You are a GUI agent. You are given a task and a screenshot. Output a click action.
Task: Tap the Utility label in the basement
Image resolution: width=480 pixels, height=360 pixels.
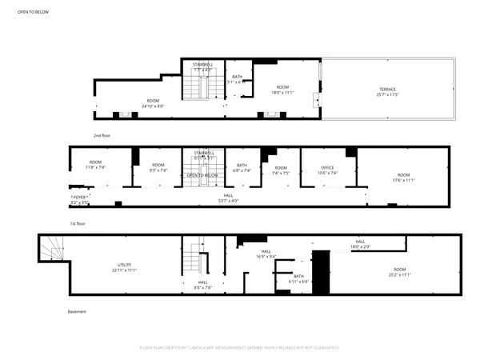click(124, 267)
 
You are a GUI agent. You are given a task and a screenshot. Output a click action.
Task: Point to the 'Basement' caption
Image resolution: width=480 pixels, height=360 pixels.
click(77, 311)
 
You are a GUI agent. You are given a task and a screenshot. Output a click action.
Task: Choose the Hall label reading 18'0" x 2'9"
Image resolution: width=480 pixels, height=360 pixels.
click(360, 244)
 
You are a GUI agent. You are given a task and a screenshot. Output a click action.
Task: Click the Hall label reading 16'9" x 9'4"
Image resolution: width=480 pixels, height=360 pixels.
click(265, 254)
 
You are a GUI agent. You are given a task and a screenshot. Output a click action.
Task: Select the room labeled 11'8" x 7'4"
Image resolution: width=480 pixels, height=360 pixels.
click(95, 166)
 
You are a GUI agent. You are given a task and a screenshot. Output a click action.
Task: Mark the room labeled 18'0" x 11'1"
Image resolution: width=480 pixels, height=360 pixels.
click(282, 90)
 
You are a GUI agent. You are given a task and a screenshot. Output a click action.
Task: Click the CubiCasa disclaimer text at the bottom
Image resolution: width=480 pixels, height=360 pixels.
click(239, 348)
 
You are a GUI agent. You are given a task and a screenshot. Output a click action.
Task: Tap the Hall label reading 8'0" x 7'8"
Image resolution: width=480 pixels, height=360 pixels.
click(203, 285)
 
